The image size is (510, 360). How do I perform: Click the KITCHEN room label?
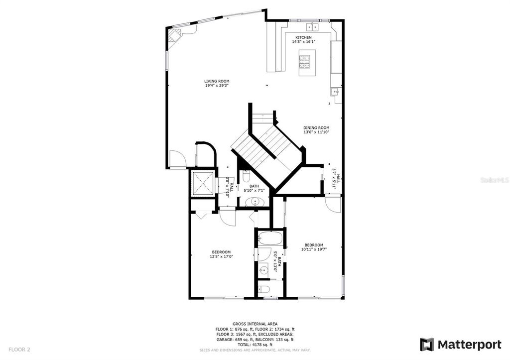303,38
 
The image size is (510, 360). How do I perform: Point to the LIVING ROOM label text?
217,81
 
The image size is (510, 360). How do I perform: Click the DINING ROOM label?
316,127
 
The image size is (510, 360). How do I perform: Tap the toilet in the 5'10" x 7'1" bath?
246,177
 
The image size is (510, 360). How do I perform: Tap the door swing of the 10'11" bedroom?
332,204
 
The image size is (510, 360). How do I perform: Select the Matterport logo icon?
427,344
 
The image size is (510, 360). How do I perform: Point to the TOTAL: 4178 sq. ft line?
255,345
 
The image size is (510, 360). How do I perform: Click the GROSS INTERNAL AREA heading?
255,324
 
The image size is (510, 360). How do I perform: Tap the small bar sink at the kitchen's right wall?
335,92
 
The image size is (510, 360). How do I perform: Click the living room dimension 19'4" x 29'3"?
217,86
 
